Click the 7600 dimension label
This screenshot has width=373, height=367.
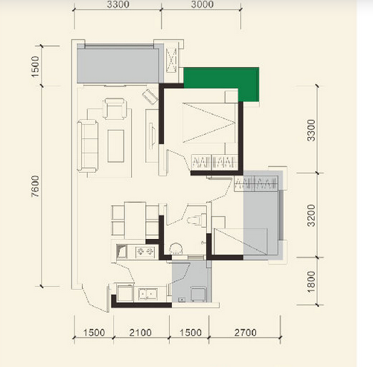coord(36,186)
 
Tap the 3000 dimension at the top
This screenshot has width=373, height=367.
coord(203,4)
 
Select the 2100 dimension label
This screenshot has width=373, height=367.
coord(140,333)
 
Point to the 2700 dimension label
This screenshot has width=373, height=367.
coord(246,333)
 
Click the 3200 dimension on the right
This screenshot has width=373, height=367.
coord(311,215)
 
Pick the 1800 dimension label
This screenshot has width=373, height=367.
coord(311,281)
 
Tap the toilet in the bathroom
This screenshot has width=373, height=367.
coord(197,220)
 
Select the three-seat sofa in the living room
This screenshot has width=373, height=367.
coord(87,146)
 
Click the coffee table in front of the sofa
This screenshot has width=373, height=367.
coord(116,146)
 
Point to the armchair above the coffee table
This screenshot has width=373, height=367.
coord(115,109)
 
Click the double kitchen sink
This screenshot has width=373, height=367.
coord(148,294)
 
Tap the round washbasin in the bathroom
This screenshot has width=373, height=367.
coord(176,248)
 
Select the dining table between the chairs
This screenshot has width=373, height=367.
coord(135,220)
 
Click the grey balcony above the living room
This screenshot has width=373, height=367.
coord(118,66)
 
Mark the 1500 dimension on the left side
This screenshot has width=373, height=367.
coord(36,66)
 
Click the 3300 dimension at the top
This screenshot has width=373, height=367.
coord(118,4)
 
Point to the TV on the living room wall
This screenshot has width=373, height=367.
coord(152,136)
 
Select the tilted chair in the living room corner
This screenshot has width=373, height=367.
coord(150,97)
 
